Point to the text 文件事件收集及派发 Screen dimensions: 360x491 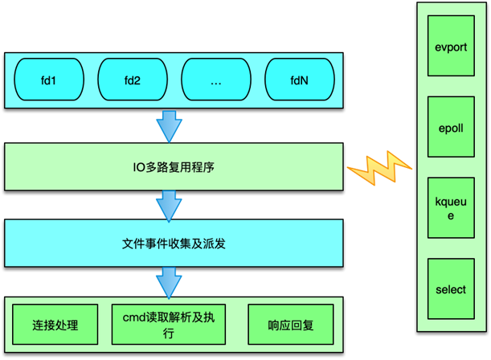point(174,242)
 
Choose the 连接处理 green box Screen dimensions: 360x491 point(55,326)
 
